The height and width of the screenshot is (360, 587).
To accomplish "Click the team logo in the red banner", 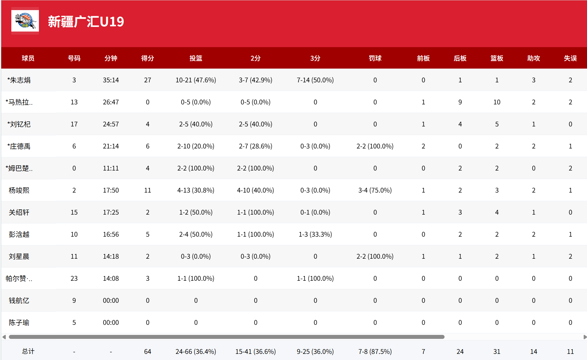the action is tap(25, 21).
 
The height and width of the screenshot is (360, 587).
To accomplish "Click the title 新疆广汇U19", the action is tap(86, 22).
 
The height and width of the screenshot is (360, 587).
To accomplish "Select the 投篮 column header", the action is tap(196, 58).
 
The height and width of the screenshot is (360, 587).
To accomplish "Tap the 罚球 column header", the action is tap(375, 58).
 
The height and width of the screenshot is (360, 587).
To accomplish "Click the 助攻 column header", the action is tap(533, 58).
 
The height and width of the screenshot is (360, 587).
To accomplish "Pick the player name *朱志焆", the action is tap(19, 80).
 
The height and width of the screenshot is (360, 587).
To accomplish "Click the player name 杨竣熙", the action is tap(19, 190).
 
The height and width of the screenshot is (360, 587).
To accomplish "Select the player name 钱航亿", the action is tap(19, 301).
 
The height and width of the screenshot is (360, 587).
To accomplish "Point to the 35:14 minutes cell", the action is tap(111, 80).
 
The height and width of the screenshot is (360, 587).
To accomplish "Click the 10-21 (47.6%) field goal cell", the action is tap(196, 80).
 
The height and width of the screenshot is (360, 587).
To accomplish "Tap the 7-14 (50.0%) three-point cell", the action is tap(315, 80).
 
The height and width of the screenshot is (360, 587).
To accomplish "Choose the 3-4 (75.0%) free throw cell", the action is tap(375, 190).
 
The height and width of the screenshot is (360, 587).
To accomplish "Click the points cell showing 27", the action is tap(148, 80).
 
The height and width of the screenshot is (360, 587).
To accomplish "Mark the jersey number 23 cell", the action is tap(74, 279).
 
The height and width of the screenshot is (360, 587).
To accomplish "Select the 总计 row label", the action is tap(28, 351).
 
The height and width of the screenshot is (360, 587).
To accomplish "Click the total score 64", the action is tap(148, 352).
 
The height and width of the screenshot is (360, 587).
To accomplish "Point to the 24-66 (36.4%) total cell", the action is tap(196, 352).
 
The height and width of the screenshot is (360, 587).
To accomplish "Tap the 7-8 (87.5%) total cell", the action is tap(375, 352).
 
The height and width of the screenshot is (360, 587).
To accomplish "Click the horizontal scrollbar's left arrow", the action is tap(4, 337).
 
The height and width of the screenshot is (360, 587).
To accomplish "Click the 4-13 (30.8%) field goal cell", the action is tap(196, 190).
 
